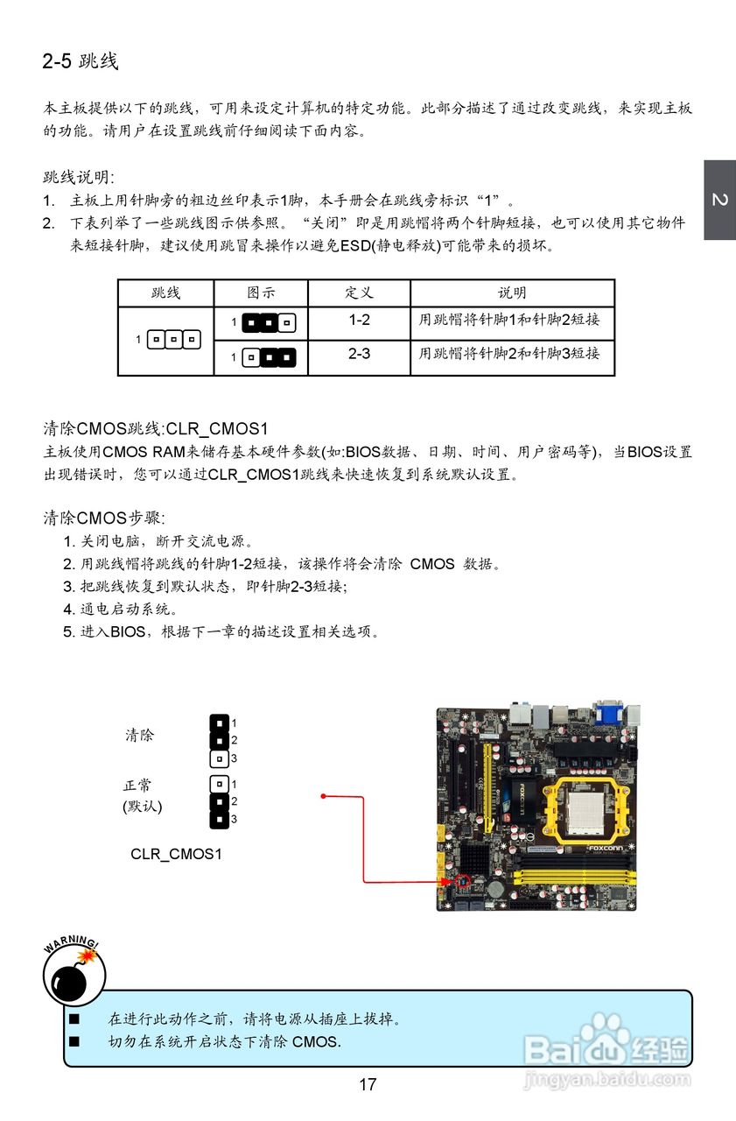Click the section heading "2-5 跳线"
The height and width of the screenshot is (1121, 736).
(x=81, y=61)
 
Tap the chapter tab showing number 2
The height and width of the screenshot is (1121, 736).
(x=719, y=201)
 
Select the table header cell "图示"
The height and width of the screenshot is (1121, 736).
(x=261, y=293)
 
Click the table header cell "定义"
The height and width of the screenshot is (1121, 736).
(x=359, y=293)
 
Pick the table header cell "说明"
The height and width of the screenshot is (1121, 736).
(x=512, y=293)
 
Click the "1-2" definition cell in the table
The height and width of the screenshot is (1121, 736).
(x=359, y=321)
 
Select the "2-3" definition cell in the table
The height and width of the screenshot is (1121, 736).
(x=359, y=354)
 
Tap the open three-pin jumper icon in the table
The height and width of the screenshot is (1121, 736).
(x=173, y=338)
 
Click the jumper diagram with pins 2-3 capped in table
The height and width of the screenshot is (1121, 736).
(x=268, y=356)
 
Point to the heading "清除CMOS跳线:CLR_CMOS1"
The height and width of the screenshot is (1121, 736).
(x=156, y=428)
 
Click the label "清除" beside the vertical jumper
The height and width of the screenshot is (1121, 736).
(x=139, y=736)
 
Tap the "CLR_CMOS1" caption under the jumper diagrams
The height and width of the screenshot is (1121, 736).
(x=176, y=853)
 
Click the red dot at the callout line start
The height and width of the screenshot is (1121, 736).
(x=323, y=796)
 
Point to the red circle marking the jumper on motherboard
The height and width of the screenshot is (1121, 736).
(x=464, y=880)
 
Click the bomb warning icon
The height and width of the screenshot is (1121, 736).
(x=74, y=975)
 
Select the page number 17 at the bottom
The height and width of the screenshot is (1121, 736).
(x=368, y=1084)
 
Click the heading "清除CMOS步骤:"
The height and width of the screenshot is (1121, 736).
(x=104, y=518)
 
